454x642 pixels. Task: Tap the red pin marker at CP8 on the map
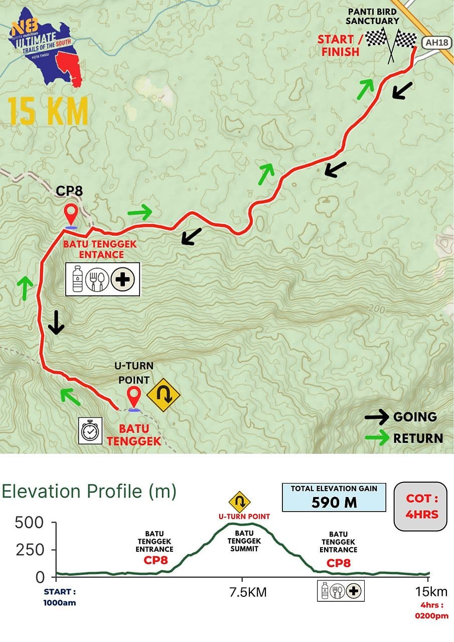71,215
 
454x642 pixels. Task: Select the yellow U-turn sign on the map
163,395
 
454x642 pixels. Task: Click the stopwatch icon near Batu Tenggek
90,430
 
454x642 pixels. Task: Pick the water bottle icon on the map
77,279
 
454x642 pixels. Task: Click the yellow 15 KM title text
48,111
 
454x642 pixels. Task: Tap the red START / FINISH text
339,45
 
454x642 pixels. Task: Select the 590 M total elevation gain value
334,502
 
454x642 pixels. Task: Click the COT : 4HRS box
420,507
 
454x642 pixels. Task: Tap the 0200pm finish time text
431,616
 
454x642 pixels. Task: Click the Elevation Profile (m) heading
89,492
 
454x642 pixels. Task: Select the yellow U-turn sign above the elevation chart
239,502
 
